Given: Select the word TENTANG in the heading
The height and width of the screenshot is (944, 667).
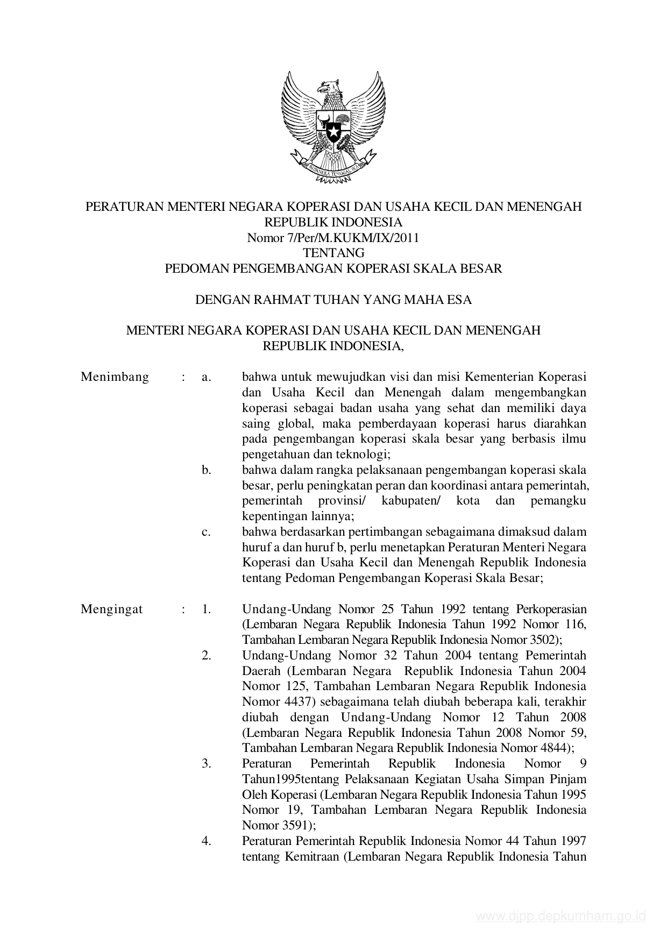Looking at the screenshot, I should [334, 252].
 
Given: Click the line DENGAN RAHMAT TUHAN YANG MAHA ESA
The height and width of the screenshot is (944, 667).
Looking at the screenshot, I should [334, 300].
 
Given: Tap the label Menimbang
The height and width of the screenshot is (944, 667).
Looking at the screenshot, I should [115, 377].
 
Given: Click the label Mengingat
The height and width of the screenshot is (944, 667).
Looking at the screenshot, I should [112, 609].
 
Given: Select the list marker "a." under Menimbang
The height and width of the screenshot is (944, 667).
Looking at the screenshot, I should [206, 377].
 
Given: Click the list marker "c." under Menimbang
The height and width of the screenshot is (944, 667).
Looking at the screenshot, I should [206, 532].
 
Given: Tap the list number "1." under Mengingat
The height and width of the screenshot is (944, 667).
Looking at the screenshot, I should [207, 609].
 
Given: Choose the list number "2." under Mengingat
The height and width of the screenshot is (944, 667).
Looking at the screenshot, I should [207, 655].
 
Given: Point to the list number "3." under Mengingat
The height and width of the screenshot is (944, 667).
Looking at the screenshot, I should [207, 763].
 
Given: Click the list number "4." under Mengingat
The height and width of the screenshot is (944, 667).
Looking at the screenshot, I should [207, 840].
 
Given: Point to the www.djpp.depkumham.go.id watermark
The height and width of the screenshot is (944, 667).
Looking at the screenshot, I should [560, 916].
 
